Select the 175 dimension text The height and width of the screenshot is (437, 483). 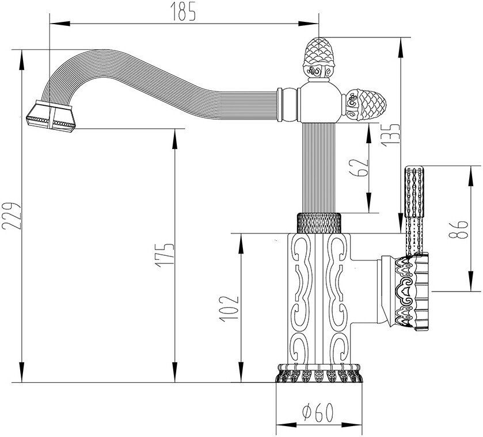pos(164,255)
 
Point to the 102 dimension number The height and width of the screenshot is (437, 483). pos(229,309)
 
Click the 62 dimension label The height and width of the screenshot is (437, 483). pos(360,167)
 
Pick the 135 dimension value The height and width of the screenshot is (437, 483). pos(390,135)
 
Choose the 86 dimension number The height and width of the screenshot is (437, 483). pos(458,229)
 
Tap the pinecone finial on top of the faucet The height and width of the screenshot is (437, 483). pos(319,58)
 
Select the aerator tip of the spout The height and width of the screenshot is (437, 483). pos(50,116)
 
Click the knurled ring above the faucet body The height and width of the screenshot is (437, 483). pos(319,223)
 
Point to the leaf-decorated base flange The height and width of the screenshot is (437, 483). pos(319,373)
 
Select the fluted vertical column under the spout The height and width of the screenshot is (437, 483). pos(319,168)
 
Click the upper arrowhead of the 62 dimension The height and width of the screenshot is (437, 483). pos(368,133)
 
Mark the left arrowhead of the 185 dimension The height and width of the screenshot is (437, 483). pos(60,24)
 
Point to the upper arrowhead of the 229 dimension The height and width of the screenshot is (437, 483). pos(21,60)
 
